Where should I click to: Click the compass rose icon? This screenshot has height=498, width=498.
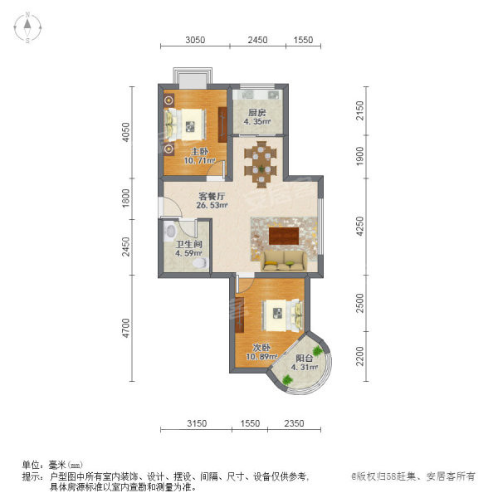pos(27,27)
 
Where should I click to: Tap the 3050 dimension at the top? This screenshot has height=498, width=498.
pos(195,40)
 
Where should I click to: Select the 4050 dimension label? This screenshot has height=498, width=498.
pos(126,133)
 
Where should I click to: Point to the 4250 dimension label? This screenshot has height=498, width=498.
pos(360,226)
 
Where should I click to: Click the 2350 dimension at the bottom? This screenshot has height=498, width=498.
pos(294,423)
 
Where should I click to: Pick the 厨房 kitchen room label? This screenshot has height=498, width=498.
pos(257,113)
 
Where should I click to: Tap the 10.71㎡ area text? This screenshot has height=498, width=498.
pos(200,161)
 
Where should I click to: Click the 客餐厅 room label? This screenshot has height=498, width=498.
pos(212,196)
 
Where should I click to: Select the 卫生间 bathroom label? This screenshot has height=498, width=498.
pos(189,244)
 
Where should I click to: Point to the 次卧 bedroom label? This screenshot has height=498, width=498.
pos(261,348)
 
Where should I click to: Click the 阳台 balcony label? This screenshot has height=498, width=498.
pos(305,359)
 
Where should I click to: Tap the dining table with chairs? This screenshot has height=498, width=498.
pos(261,164)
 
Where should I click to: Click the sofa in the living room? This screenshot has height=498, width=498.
pos(284,261)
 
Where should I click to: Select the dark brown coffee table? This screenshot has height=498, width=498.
pos(284,236)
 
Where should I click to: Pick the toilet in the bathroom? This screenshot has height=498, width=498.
pos(200,263)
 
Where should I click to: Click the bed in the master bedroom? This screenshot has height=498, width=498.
pos(185,124)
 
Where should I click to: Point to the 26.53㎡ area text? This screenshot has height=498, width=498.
pos(212,205)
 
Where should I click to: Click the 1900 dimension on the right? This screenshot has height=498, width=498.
pos(360,156)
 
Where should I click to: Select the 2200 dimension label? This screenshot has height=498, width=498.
pos(360,356)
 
